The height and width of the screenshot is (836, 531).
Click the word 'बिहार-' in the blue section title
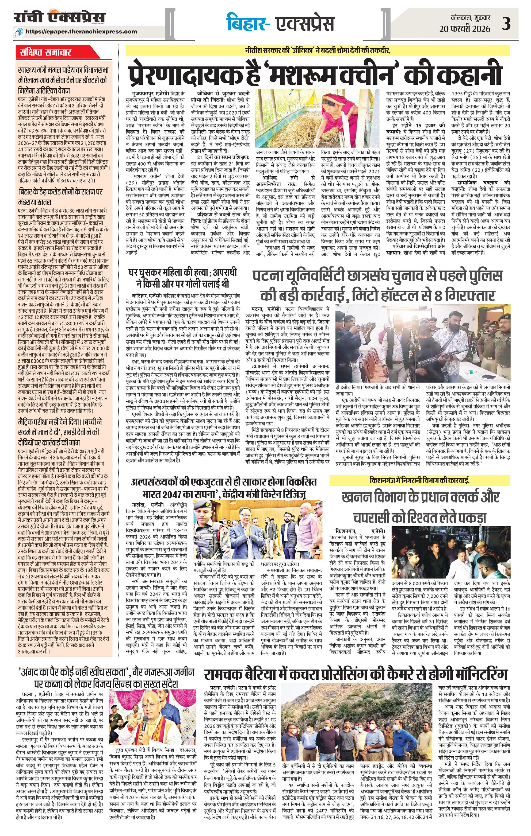coord(247,24)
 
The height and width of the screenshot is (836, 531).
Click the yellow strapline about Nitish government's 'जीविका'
coord(317,51)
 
